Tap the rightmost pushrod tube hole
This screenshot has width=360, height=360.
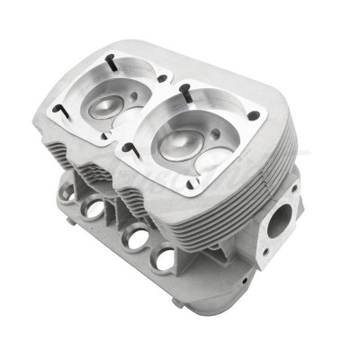165,260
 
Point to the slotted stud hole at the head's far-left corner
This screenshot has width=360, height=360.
59,110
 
